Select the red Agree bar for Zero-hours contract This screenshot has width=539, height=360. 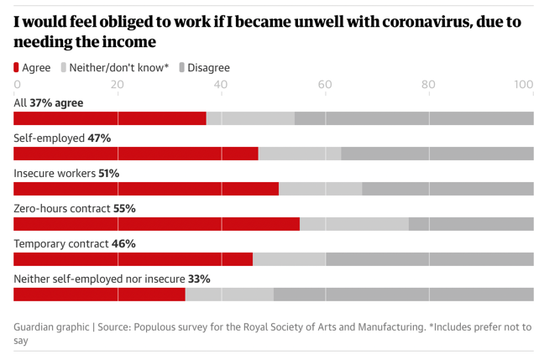coord(156,224)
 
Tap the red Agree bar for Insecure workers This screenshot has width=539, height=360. coord(146,189)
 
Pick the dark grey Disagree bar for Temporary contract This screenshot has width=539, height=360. coord(429,259)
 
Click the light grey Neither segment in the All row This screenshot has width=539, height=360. coord(250,118)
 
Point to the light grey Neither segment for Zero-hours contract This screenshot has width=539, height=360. coord(353,224)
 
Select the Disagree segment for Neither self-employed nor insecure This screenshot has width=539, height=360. coord(403,295)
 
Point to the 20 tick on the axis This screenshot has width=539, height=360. coord(117,84)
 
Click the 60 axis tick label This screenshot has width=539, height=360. coord(324,84)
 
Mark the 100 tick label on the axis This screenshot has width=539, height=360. coord(524,84)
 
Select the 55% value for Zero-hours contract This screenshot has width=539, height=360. coord(124,208)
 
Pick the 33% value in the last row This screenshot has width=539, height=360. coord(199,279)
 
